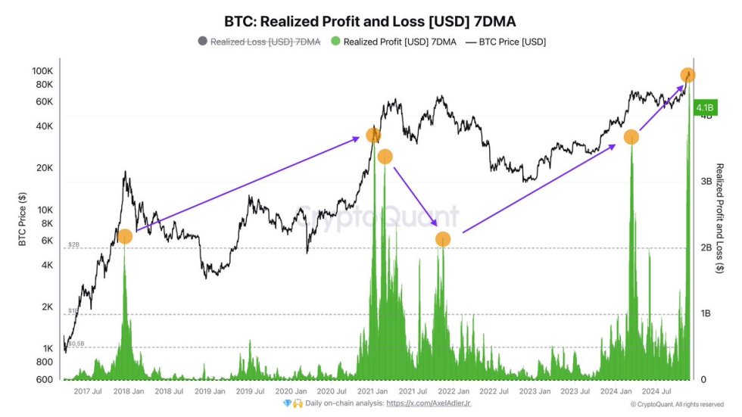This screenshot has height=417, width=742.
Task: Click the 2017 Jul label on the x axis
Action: click(x=88, y=391)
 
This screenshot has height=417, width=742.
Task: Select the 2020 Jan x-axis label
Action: click(x=290, y=391)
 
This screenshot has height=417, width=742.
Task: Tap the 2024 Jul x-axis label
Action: click(x=653, y=391)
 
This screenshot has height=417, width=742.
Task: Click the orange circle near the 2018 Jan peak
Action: click(x=125, y=236)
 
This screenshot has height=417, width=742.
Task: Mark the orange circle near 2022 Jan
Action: click(x=443, y=239)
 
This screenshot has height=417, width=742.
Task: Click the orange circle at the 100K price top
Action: click(x=687, y=75)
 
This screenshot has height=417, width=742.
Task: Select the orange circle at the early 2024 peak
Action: click(x=631, y=137)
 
